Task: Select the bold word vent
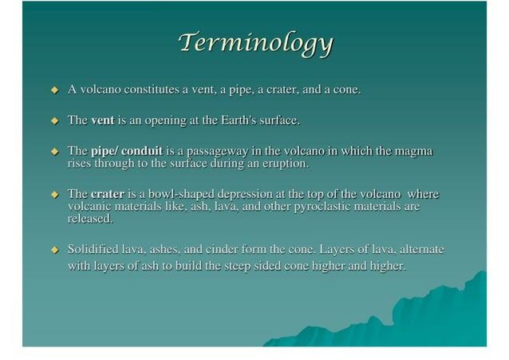coord(103,121)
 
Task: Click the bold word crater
coord(108,194)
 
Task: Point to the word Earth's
coord(239,121)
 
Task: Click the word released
coord(90,218)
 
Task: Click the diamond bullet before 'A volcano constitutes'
coord(55,90)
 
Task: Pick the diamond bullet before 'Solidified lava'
coord(55,250)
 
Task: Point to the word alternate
coord(416,249)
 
